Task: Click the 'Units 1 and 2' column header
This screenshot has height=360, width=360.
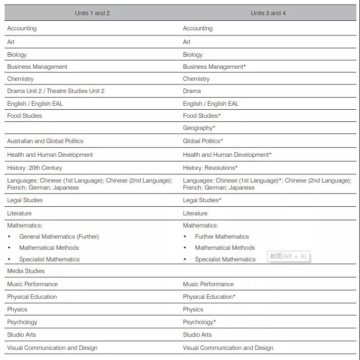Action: coord(93,13)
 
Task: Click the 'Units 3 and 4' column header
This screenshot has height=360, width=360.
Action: coord(268,13)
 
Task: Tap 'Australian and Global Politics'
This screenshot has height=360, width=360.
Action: coord(45,141)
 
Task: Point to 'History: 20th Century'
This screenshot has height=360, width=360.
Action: coord(34,168)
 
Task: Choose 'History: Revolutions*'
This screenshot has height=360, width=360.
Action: coord(210,168)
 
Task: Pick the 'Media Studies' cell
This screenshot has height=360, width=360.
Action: coord(26,271)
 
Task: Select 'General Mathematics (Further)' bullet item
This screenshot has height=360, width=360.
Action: coord(59,237)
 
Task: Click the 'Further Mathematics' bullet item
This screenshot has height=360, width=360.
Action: coord(222,237)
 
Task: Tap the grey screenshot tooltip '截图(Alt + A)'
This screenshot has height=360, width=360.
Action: coord(288,256)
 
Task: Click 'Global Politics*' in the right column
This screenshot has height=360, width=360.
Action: coord(203,141)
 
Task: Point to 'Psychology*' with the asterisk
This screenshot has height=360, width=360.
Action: coord(199,322)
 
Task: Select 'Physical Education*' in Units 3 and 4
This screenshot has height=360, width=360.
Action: coord(209,297)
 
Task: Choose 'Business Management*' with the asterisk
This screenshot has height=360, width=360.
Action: coord(214,67)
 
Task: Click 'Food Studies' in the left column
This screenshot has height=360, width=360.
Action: coord(24,116)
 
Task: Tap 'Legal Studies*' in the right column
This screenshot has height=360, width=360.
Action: coord(202,200)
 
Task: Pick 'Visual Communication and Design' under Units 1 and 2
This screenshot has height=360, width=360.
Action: coord(52,348)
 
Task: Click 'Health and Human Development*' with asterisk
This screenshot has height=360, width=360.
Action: coord(227,155)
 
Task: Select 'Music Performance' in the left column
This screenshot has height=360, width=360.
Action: coord(32,284)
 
